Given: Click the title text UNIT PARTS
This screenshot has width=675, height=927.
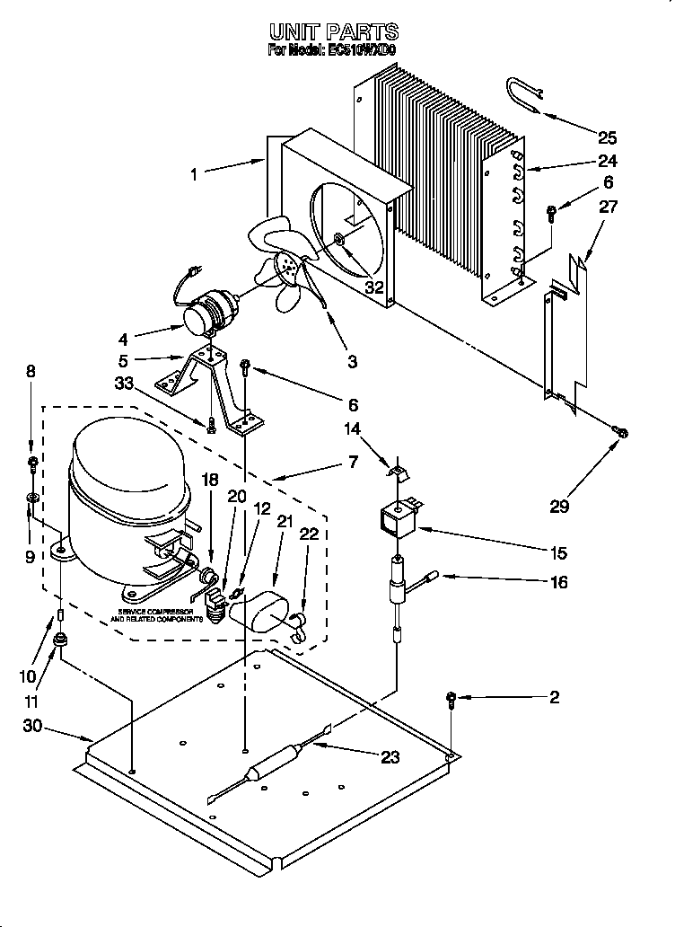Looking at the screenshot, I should click(333, 32).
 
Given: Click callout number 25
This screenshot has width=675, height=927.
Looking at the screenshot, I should click(608, 137).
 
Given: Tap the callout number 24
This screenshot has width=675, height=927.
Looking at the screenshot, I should click(608, 162).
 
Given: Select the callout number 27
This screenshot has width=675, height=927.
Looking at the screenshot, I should click(608, 207).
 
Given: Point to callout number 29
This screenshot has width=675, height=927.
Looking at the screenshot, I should click(560, 506).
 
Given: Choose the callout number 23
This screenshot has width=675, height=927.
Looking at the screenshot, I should click(389, 757).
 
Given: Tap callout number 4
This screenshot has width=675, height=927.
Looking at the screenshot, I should click(122, 339).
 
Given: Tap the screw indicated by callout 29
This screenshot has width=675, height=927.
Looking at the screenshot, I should click(619, 434).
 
